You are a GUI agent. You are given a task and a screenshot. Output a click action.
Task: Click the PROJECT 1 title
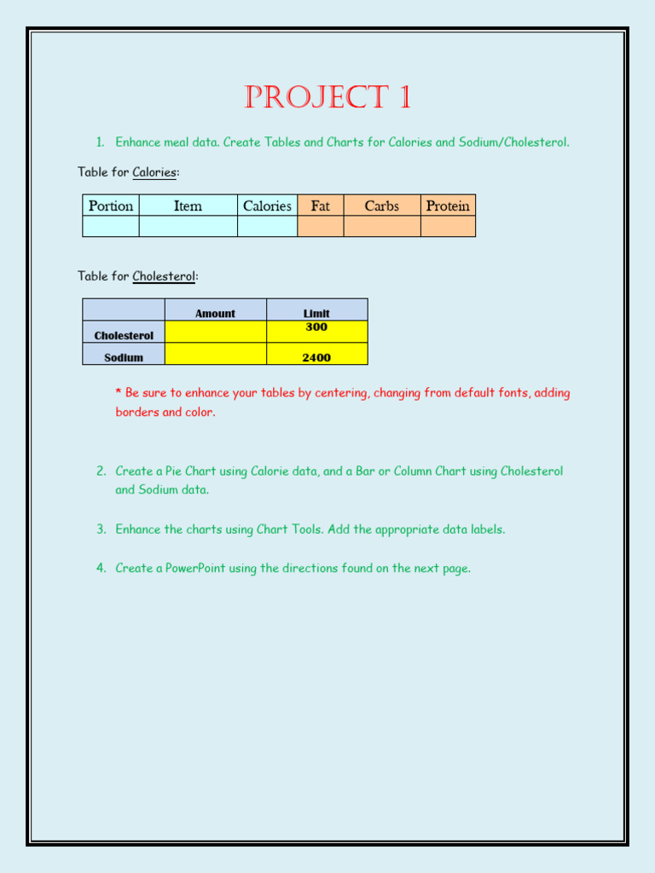[x=327, y=98]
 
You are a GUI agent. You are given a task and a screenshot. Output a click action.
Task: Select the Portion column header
[x=111, y=205]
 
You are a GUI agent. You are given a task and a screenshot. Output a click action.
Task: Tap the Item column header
[x=188, y=205]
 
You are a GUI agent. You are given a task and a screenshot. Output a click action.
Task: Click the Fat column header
[x=321, y=205]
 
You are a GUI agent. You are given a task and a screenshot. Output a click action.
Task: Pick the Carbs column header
[x=381, y=205]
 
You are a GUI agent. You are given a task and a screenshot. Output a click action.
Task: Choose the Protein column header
[x=448, y=205]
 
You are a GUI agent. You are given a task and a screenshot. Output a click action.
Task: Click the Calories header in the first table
[x=267, y=205]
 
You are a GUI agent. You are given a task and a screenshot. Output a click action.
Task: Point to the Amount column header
[x=215, y=314]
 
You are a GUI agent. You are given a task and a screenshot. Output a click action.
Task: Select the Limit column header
[x=316, y=314]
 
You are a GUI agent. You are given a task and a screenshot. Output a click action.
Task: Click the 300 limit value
[x=316, y=327]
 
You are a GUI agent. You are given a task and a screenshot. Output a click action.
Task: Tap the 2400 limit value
[x=316, y=358]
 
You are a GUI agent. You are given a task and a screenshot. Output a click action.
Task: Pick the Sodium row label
[x=124, y=358]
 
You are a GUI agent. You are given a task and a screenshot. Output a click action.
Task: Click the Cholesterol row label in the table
[x=124, y=336]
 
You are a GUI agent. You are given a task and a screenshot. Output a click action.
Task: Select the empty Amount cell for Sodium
[x=215, y=354]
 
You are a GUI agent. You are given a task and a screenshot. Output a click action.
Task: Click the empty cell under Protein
[x=448, y=226]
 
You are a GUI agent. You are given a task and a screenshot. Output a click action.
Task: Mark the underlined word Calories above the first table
[x=154, y=172]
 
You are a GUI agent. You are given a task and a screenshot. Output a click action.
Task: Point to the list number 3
[x=101, y=529]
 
